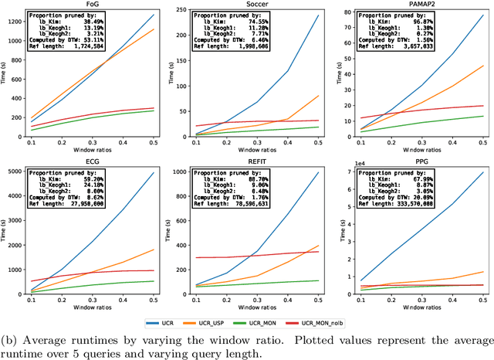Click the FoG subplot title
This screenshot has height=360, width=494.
[x=98, y=5]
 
